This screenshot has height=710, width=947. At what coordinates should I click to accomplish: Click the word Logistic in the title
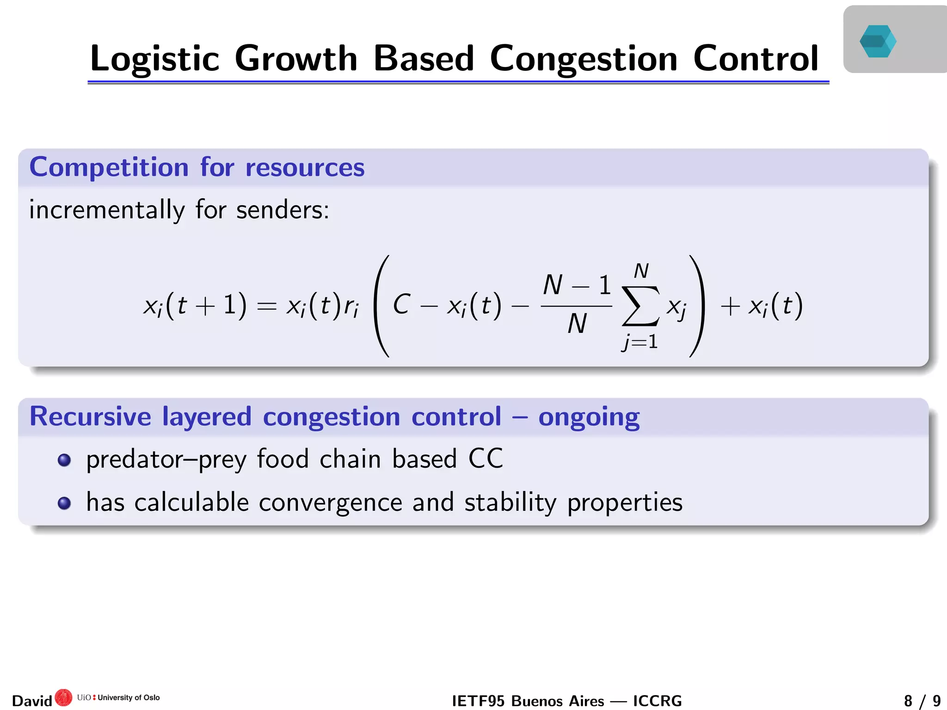[x=154, y=59]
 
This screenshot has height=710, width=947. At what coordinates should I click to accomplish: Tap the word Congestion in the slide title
[x=583, y=59]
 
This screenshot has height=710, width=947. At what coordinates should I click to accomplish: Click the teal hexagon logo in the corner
[x=878, y=41]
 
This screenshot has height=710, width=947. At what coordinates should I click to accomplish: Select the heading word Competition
[x=109, y=167]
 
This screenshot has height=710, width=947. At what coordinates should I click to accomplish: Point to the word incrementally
[x=107, y=210]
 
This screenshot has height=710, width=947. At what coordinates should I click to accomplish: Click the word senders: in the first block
[x=283, y=210]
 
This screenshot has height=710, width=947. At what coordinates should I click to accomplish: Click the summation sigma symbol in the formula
[x=640, y=306]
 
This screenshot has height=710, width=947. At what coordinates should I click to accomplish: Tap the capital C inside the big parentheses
[x=401, y=305]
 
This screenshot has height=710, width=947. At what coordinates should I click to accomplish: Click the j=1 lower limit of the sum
[x=640, y=343]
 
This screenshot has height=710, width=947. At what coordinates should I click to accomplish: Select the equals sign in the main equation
[x=266, y=306]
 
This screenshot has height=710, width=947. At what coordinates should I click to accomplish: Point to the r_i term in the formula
[x=351, y=306]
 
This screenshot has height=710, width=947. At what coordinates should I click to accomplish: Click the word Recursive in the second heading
[x=90, y=416]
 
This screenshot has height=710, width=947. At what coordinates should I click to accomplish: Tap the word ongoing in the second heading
[x=589, y=417]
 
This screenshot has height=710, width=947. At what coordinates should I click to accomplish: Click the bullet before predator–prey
[x=64, y=460]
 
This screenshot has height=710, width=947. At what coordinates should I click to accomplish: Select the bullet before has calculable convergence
[x=64, y=503]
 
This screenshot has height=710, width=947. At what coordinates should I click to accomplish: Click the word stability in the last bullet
[x=510, y=502]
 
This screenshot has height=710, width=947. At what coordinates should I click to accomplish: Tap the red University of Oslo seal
[x=63, y=698]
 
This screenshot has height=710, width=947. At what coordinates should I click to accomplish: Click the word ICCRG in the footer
[x=657, y=701]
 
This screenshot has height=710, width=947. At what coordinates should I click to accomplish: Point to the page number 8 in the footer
[x=908, y=701]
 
